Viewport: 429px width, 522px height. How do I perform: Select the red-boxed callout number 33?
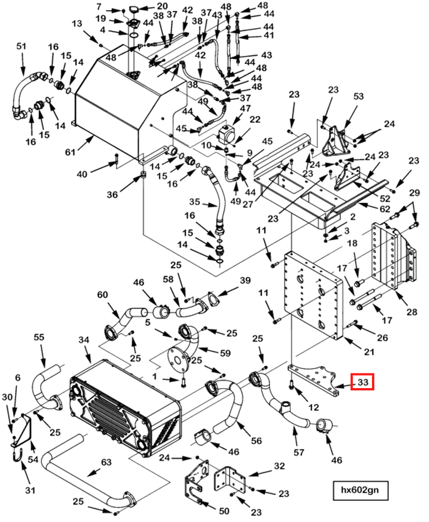coord(363,382)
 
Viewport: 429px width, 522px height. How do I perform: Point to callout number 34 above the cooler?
coord(84,340)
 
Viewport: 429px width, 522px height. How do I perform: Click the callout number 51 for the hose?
coord(22,46)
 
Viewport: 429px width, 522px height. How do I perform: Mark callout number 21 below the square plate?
coord(369,353)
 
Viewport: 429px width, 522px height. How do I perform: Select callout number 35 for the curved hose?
coord(195,202)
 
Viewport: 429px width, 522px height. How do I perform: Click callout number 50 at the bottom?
coord(224,511)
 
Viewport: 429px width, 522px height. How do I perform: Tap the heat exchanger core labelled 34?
coord(124,407)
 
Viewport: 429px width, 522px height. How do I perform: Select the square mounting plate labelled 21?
coord(312,294)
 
